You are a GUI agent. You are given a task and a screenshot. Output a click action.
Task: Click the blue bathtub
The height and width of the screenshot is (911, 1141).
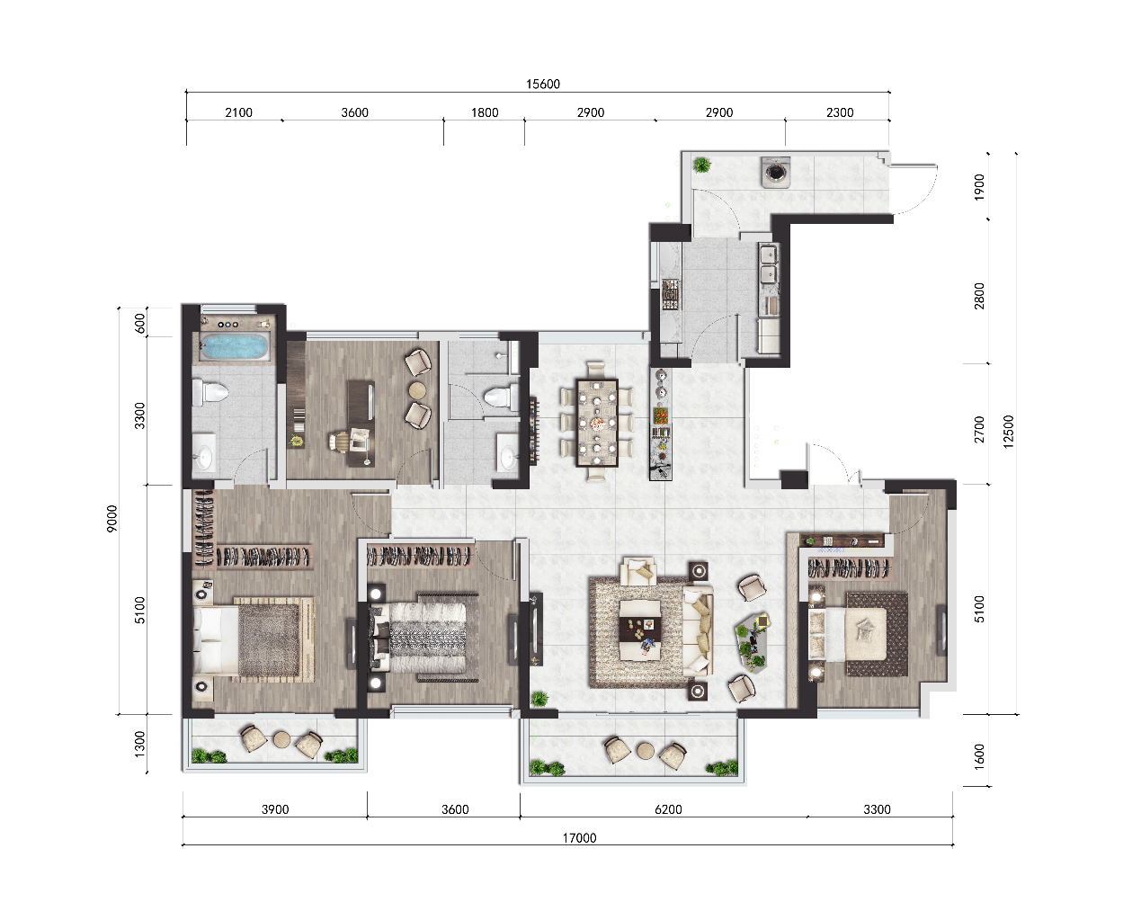pyautogui.click(x=236, y=345)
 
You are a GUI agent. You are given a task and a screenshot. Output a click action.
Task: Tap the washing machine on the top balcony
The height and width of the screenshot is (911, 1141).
pyautogui.click(x=776, y=172)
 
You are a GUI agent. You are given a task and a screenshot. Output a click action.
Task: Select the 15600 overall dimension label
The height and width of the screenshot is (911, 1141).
pyautogui.click(x=543, y=85)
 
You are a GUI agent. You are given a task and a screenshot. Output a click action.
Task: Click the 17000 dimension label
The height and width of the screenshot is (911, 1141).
pyautogui.click(x=579, y=838)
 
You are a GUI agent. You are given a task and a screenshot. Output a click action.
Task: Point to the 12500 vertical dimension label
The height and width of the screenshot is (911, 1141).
pyautogui.click(x=1009, y=432)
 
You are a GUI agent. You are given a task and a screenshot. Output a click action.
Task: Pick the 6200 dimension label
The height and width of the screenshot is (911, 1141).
pyautogui.click(x=668, y=809)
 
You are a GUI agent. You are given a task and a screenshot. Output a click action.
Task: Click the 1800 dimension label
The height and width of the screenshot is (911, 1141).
pyautogui.click(x=485, y=112)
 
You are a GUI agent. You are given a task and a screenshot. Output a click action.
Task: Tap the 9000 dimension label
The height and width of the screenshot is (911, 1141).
pyautogui.click(x=111, y=519)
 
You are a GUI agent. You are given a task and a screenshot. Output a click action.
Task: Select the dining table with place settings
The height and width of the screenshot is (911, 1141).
pyautogui.click(x=597, y=423)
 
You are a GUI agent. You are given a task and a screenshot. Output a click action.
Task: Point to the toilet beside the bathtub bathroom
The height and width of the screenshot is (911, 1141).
pyautogui.click(x=210, y=392)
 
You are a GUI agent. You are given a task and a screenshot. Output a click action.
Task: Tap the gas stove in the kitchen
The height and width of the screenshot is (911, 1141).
pyautogui.click(x=670, y=295)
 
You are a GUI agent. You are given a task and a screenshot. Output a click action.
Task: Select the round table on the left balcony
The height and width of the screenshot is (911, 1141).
pyautogui.click(x=281, y=740)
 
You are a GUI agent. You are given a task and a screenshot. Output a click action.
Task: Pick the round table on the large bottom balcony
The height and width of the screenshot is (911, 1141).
pyautogui.click(x=646, y=751)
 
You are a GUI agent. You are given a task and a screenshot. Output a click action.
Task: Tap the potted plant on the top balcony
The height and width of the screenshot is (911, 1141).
pyautogui.click(x=702, y=165)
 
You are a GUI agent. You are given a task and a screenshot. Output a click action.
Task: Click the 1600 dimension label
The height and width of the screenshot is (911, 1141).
pyautogui.click(x=979, y=756)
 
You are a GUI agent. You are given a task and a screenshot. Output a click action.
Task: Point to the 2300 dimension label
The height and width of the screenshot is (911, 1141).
pyautogui.click(x=840, y=112)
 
